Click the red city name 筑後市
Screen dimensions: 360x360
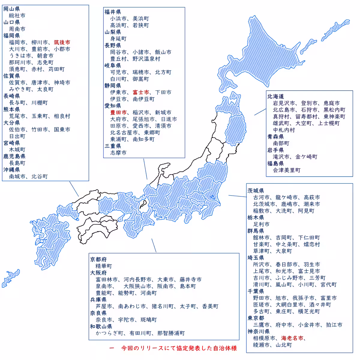pos(62,42)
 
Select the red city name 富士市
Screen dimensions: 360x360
pos(141,92)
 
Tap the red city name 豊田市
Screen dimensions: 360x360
pos(118,112)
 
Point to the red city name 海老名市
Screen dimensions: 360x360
pos(292,338)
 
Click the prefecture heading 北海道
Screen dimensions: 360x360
pos(275,96)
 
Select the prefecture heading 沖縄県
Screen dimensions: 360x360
pos(11,170)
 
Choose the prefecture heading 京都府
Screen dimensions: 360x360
pos(98,259)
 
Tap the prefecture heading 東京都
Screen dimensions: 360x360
pos(256,318)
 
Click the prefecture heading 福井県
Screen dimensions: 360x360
pos(112,12)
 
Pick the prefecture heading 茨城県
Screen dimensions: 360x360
pos(256,191)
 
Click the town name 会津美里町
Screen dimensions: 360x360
pos(286,170)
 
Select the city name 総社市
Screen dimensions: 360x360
pos(17,16)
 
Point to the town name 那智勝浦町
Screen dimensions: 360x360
pos(171,333)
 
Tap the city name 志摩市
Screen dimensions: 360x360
pos(118,153)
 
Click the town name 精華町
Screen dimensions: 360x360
pos(103,266)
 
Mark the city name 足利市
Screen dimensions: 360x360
pos(261,224)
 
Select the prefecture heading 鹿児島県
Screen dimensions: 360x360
pos(14,156)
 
